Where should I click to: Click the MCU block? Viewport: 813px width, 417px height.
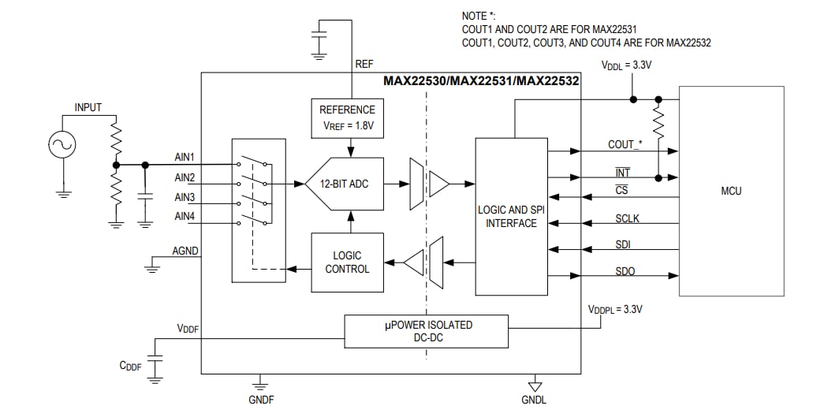(x=731, y=191)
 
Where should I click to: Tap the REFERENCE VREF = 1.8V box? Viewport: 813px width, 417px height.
(x=348, y=117)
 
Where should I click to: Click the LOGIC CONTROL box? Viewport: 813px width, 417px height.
(x=348, y=262)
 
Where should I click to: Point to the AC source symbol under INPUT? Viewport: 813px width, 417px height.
(x=62, y=144)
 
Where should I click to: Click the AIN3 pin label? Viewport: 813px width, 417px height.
(x=185, y=197)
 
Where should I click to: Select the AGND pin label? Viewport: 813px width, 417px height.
(x=186, y=251)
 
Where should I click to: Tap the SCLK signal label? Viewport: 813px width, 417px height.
(x=625, y=218)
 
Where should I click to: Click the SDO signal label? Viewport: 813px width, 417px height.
(x=625, y=271)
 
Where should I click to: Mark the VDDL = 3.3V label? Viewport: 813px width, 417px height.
(x=627, y=66)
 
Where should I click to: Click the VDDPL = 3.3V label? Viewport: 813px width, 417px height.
(x=615, y=309)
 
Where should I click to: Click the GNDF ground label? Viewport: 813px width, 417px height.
(x=261, y=400)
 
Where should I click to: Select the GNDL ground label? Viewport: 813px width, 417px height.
(x=534, y=400)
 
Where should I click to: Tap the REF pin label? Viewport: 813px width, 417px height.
(x=364, y=64)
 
